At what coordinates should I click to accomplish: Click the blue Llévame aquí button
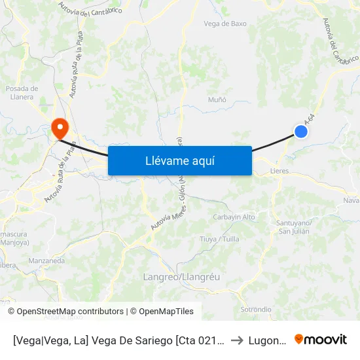click(179, 160)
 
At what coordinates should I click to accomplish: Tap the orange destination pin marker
click(59, 127)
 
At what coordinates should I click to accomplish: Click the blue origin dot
click(301, 132)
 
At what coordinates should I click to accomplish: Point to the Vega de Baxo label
click(225, 24)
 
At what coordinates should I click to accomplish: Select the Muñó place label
click(217, 99)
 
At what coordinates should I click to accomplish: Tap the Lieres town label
click(279, 171)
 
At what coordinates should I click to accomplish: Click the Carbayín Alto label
click(234, 217)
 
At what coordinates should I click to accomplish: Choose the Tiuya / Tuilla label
click(219, 239)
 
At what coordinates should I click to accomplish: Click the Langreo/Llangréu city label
click(181, 277)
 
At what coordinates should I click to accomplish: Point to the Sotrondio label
click(256, 309)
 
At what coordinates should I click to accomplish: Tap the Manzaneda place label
click(46, 261)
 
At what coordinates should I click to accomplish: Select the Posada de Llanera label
click(22, 93)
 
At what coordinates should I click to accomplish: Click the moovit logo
click(321, 340)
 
